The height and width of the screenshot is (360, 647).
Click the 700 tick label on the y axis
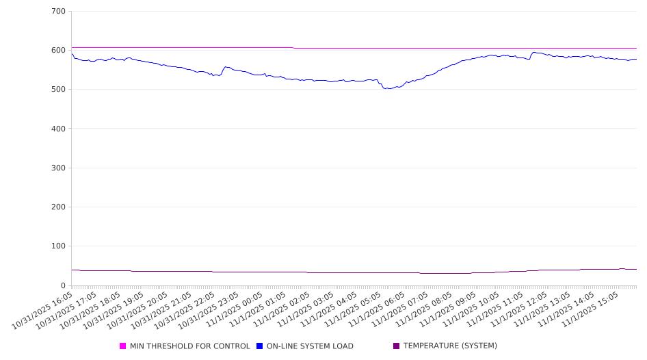tap(58, 11)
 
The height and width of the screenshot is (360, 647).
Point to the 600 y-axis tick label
tap(58, 50)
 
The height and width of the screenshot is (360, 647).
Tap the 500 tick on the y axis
tap(58, 89)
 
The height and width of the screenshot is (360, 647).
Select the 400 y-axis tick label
tap(58, 129)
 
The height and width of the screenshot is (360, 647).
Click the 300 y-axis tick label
tap(58, 168)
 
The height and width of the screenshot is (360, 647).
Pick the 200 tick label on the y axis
tap(58, 207)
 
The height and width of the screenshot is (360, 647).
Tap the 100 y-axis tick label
tap(58, 246)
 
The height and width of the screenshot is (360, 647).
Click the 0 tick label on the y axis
tap(62, 285)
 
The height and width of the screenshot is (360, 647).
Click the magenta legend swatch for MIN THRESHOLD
tap(123, 346)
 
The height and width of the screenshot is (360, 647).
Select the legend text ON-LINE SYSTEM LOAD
tap(310, 346)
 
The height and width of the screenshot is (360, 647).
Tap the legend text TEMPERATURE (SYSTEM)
tap(450, 346)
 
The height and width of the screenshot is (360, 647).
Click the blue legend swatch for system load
tap(260, 346)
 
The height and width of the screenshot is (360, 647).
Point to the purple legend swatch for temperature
tap(397, 346)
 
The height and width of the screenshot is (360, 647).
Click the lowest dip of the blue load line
tap(388, 89)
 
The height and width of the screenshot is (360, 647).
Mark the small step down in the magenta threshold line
tap(294, 48)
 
